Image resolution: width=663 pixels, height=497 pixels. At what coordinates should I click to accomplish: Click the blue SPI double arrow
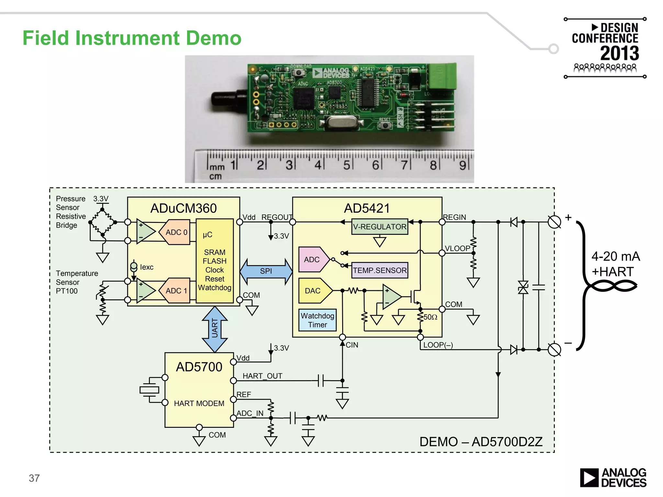pos(266,271)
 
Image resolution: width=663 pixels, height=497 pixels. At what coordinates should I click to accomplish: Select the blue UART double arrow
pos(215,329)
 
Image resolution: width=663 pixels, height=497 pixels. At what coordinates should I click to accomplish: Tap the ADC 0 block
pos(175,232)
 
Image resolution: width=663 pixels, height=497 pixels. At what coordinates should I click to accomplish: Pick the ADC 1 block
pos(175,291)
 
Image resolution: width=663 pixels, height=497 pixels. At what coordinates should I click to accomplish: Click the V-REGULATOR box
pos(379,226)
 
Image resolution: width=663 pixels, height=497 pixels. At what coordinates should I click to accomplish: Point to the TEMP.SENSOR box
pos(379,270)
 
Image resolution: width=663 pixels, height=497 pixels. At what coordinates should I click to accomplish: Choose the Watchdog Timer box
pos(317,320)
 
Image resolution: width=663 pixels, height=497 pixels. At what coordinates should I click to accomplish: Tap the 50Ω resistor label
pos(430,317)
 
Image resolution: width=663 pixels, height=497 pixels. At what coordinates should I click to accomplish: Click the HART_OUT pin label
pos(262,376)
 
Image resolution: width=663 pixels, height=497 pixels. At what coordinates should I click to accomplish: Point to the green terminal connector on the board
pos(442,76)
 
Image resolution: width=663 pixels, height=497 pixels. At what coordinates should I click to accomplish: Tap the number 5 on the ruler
pos(346,165)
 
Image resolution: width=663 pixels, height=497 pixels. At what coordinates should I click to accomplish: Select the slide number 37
pos(34,478)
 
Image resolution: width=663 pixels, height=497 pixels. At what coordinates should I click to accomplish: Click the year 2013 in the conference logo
pos(619,53)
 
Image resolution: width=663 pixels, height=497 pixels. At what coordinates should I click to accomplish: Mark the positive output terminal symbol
pos(554,222)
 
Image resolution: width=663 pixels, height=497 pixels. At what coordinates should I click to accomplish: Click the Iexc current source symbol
pos(134,267)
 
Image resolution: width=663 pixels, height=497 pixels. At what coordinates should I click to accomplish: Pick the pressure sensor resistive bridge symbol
pos(102,222)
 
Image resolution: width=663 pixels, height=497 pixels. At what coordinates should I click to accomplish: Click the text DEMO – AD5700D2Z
pos(481,442)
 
